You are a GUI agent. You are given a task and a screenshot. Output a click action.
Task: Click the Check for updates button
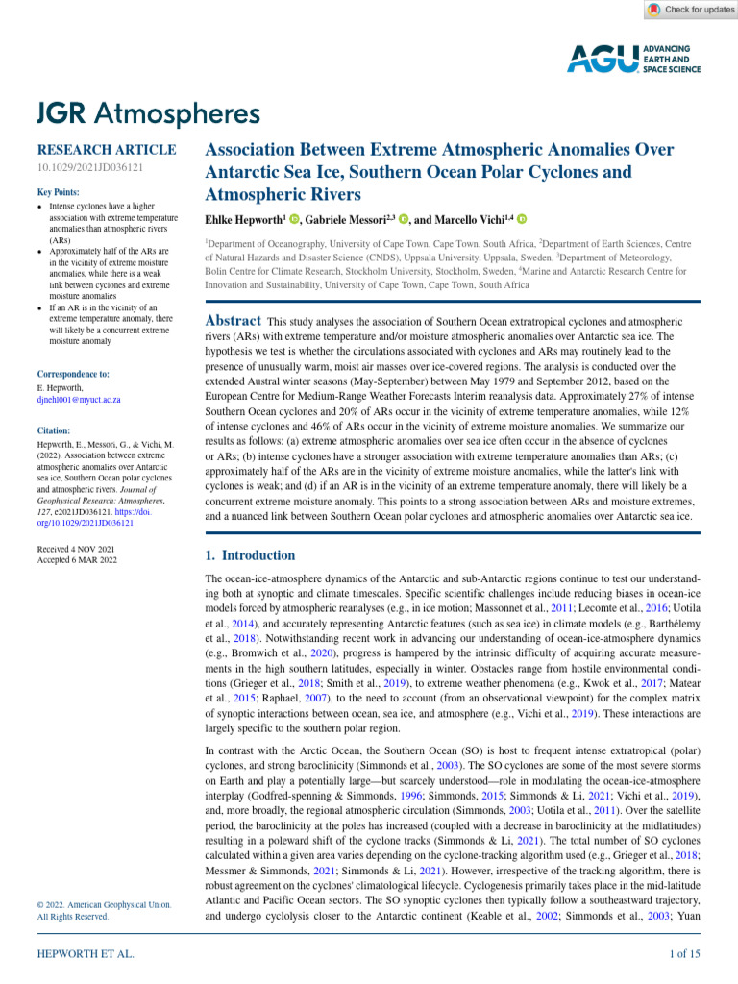(690, 10)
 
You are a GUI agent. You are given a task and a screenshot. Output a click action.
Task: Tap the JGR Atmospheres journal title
(148, 113)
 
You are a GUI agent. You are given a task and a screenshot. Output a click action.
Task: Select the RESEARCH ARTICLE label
(106, 150)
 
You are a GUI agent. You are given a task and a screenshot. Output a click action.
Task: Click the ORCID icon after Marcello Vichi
(534, 220)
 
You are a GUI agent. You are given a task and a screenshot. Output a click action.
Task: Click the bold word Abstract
(234, 321)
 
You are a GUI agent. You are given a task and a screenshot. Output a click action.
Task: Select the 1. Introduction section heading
(251, 555)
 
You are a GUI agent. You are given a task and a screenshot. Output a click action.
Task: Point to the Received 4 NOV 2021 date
(75, 549)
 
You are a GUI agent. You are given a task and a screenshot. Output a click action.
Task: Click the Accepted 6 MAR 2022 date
(77, 560)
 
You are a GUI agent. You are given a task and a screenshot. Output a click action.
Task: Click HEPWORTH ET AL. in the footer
(85, 953)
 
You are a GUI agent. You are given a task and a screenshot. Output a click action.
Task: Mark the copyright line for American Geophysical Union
(104, 904)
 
